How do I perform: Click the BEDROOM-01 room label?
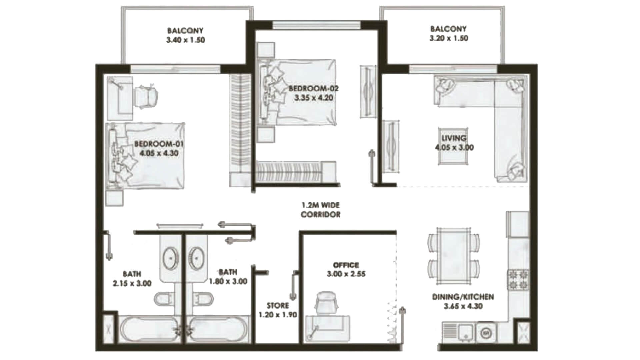[159, 144]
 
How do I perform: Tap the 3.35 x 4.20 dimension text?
[314, 98]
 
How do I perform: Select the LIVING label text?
[454, 138]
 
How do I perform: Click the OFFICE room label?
[346, 265]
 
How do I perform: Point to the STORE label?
[278, 305]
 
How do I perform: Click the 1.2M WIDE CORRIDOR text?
[320, 210]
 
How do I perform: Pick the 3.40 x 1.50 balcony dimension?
[186, 40]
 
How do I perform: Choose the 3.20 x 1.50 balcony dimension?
[449, 38]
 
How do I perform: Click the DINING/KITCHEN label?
[463, 297]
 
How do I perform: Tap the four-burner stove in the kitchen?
[518, 280]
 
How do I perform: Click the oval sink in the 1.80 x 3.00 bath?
[197, 258]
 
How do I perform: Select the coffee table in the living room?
[453, 146]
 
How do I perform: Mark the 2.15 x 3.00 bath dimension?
[132, 283]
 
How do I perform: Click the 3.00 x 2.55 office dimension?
[346, 274]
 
